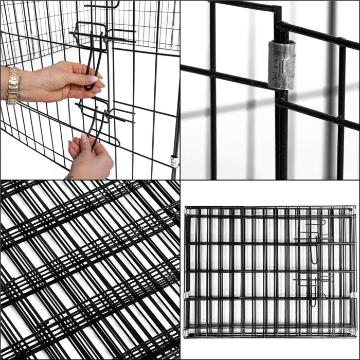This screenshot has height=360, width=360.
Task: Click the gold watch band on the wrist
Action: coord(12,85)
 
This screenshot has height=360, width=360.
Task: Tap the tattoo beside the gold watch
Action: coord(26,77)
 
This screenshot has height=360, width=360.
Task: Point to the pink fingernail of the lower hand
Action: coord(84,137)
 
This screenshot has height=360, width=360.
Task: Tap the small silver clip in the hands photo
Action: coord(173,161)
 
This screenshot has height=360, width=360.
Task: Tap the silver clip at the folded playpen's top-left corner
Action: coord(186,210)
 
